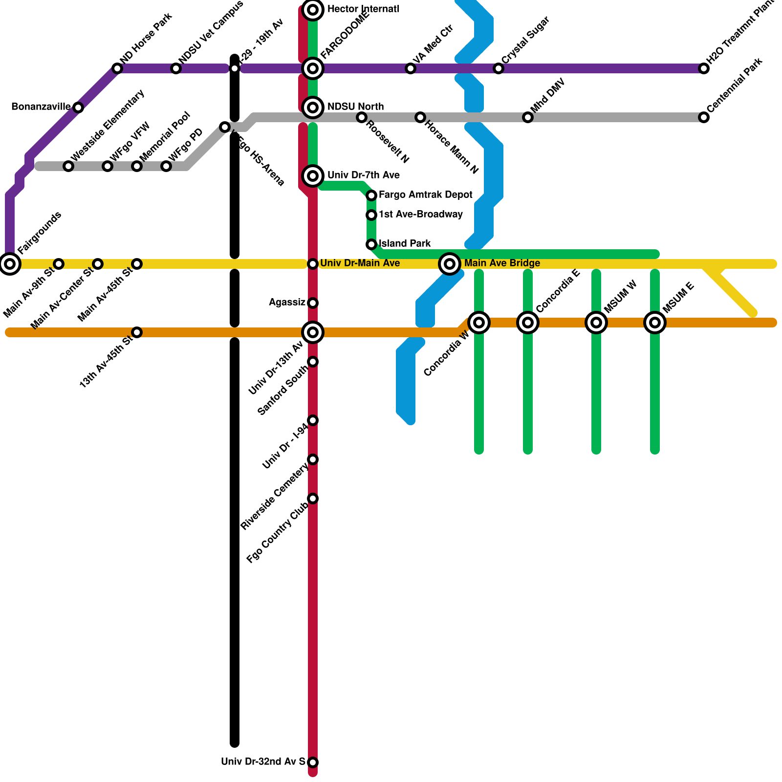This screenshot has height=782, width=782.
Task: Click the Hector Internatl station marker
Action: [x=313, y=9]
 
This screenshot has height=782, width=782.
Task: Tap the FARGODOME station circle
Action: [x=313, y=68]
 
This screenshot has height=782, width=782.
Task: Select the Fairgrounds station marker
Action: [x=10, y=264]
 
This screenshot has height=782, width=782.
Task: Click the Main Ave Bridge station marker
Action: [x=450, y=264]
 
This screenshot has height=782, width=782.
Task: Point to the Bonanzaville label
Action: [x=41, y=107]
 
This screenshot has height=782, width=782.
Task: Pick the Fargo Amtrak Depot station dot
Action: [x=371, y=195]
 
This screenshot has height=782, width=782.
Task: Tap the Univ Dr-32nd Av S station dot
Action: [x=313, y=762]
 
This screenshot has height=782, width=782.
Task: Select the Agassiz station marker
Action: [x=313, y=303]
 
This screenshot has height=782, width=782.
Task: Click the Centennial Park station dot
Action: [x=704, y=117]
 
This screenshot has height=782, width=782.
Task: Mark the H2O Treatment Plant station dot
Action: [x=704, y=68]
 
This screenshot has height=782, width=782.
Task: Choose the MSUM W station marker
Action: [x=596, y=323]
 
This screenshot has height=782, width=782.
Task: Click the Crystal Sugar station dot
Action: [x=499, y=68]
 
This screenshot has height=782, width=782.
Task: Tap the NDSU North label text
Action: [x=355, y=107]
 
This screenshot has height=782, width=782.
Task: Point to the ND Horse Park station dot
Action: [x=117, y=68]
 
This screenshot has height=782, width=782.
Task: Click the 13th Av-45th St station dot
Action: [x=137, y=332]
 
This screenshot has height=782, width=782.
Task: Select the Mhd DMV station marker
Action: [x=528, y=117]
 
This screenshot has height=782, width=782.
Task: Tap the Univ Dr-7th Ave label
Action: [x=363, y=175]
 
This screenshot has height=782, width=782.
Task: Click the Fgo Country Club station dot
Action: [x=313, y=499]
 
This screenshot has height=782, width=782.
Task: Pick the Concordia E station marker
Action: [x=528, y=323]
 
